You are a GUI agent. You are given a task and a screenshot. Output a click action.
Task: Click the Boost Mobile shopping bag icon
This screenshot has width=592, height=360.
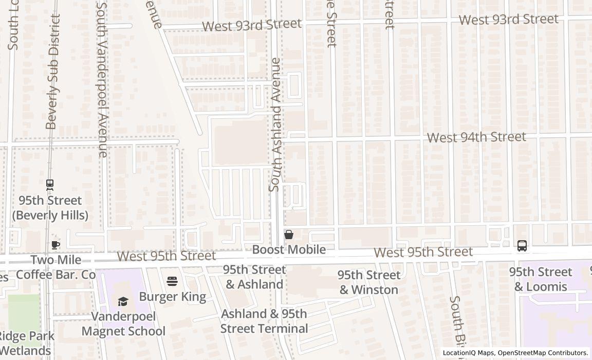(x=289, y=235)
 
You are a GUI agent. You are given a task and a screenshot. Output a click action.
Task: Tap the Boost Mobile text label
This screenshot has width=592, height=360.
(x=289, y=249)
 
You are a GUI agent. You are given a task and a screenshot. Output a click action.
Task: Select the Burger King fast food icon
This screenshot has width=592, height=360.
(x=172, y=281)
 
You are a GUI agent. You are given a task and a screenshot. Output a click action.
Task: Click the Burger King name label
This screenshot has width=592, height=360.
(x=173, y=297)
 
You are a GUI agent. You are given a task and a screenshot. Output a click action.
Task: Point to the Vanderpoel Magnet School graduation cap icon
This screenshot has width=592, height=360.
(x=123, y=301)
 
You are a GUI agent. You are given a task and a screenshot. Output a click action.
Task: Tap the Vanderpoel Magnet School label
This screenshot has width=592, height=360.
(x=123, y=323)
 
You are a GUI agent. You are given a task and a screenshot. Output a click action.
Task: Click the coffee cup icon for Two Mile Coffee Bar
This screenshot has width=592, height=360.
(x=55, y=245)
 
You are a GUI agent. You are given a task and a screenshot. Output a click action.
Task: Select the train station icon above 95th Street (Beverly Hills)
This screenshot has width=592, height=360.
(x=50, y=184)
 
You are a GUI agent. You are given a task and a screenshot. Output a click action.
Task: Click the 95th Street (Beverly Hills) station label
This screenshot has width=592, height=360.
(x=50, y=207)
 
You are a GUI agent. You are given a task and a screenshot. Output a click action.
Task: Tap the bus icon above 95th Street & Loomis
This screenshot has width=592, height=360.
(x=522, y=246)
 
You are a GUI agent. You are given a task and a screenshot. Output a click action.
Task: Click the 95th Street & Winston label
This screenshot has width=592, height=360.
(x=368, y=282)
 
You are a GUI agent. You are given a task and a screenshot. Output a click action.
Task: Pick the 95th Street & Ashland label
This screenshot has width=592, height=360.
(x=254, y=277)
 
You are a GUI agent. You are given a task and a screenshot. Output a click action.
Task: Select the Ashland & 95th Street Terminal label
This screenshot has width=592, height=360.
(x=264, y=321)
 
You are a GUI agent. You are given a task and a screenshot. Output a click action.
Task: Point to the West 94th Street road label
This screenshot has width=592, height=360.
(x=476, y=137)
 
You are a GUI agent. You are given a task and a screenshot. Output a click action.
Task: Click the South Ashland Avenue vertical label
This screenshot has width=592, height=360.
(x=275, y=125)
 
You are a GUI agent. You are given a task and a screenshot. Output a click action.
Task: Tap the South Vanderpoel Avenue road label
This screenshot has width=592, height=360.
(x=102, y=80)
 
